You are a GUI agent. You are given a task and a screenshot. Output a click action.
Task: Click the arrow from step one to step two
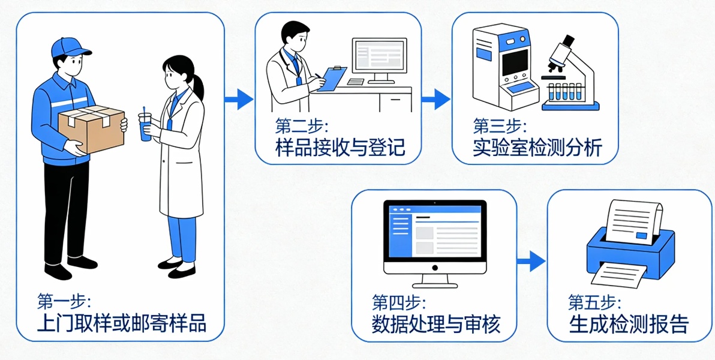[239, 98]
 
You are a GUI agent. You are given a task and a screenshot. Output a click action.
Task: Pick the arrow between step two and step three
[436, 98]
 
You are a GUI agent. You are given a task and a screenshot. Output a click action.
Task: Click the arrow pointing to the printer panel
[531, 261]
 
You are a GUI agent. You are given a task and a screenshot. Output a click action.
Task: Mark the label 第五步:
[595, 301]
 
